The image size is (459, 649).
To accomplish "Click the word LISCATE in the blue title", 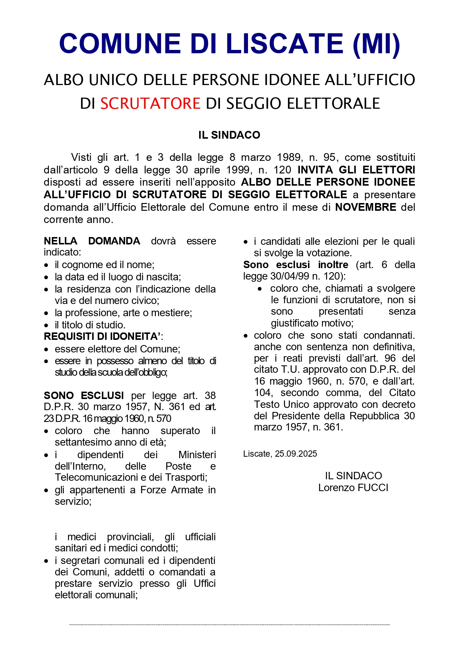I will tap(285, 44).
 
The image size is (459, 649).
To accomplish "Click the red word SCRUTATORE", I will tap(150, 104).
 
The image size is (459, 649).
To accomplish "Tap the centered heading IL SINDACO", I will tap(229, 135).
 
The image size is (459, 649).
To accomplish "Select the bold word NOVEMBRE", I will tap(366, 207).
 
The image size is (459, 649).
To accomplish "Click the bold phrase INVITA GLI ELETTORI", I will tap(356, 170).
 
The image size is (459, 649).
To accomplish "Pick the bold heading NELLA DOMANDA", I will tap(92, 241).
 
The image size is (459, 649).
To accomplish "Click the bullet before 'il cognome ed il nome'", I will tap(46, 265).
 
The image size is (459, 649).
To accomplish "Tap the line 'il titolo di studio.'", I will tap(90, 325).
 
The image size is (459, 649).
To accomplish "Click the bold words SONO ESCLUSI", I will tap(84, 395).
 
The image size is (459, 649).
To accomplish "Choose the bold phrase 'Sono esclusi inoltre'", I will tap(295, 265).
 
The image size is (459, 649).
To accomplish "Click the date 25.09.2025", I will tap(296, 454).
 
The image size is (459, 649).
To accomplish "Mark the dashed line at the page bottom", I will tap(229, 625).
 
